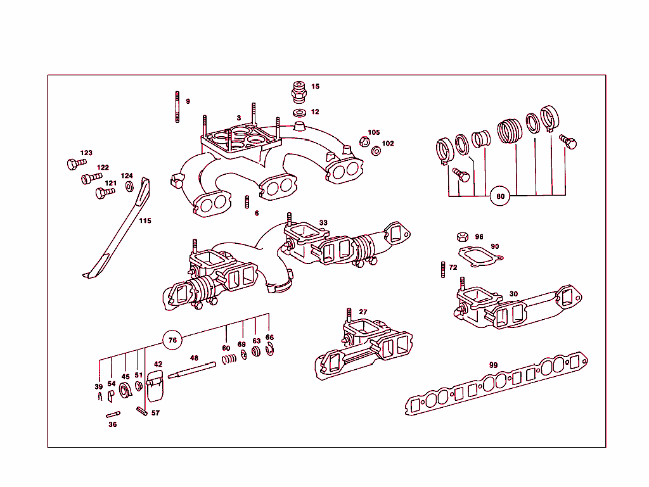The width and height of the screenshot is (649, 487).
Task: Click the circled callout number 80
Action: click(500, 196)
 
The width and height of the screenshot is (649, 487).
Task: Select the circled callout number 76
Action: click(172, 340)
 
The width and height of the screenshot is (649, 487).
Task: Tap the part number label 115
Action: click(145, 221)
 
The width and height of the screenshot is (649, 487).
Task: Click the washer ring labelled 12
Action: click(299, 113)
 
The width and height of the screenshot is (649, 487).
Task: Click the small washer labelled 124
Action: click(129, 186)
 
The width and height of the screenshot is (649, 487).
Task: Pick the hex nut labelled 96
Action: click(462, 237)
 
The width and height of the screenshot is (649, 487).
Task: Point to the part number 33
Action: click(323, 223)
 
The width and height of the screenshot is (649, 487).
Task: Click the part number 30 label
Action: click(513, 294)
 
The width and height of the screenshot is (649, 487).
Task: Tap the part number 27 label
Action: click(363, 312)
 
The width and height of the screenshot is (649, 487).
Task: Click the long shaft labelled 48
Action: click(194, 370)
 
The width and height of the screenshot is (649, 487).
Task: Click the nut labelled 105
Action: click(364, 141)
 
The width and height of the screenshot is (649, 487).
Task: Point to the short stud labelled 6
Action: click(247, 203)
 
